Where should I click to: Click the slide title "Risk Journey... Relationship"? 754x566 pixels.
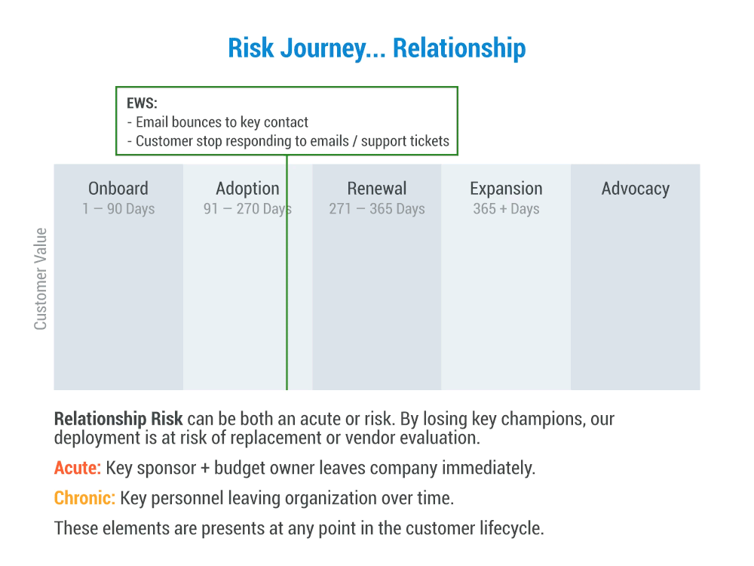377,48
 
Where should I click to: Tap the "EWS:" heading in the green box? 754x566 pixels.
142,104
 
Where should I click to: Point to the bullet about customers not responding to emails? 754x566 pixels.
293,141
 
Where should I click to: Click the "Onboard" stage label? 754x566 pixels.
118,189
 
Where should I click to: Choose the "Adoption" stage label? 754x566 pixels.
247,189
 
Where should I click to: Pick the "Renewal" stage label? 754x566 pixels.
377,189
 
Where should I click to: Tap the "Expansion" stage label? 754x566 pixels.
506,189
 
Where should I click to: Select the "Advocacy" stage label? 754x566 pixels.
635,189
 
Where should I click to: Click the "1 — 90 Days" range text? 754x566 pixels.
118,209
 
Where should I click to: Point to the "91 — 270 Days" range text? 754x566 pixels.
247,209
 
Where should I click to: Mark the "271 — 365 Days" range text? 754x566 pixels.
377,209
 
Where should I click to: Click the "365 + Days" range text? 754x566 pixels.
506,209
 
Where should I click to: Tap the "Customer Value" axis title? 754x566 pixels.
41,278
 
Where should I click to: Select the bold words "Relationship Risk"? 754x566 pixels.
118,419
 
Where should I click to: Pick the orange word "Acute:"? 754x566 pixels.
77,468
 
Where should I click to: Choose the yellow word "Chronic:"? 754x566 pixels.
84,498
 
